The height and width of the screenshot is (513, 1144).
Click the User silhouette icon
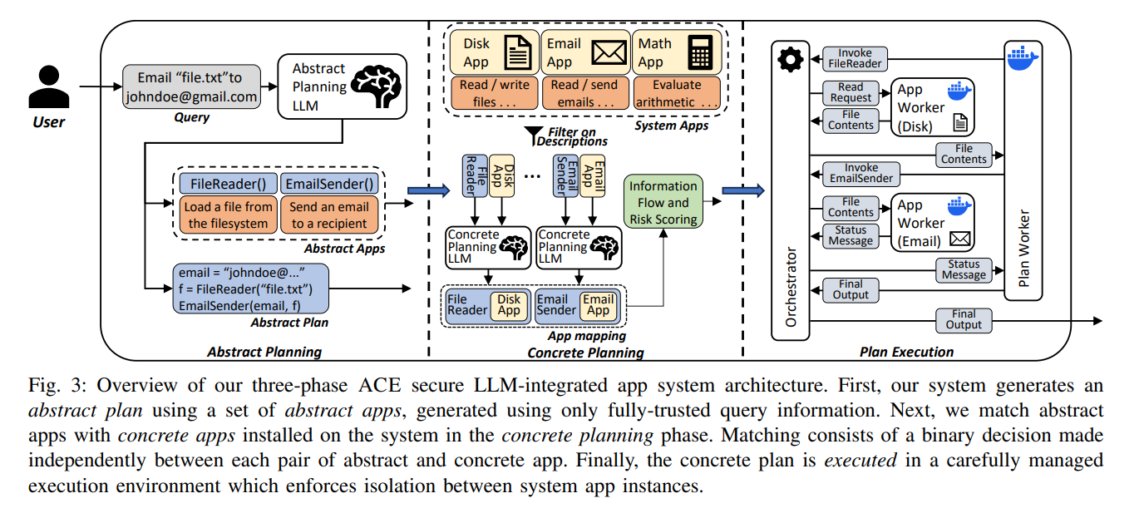tap(49, 86)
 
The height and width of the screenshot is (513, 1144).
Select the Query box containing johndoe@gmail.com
tap(191, 86)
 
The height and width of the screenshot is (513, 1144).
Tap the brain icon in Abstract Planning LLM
tap(376, 86)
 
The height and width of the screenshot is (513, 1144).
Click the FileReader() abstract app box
tap(229, 184)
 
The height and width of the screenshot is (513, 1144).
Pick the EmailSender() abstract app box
tap(329, 184)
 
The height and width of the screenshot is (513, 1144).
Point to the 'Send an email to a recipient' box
tap(329, 215)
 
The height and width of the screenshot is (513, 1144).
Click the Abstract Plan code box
tap(251, 289)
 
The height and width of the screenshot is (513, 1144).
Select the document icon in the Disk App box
tap(518, 52)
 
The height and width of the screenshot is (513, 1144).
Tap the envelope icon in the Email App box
tap(609, 52)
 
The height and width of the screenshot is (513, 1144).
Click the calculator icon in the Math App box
tap(700, 52)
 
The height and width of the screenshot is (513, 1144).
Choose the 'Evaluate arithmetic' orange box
tap(677, 93)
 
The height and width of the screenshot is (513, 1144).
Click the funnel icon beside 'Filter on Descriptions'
tap(534, 136)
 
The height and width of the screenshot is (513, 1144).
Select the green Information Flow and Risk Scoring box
tap(663, 202)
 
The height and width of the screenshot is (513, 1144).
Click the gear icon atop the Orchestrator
tap(790, 60)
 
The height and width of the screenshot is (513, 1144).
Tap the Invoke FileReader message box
tap(855, 59)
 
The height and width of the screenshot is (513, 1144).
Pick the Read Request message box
tap(851, 92)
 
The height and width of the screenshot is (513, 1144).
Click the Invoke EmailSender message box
tap(861, 173)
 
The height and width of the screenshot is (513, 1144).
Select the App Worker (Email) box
tap(933, 223)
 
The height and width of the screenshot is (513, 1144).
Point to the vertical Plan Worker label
tap(1023, 248)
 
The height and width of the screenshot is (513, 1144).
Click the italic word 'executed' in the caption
tap(860, 461)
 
